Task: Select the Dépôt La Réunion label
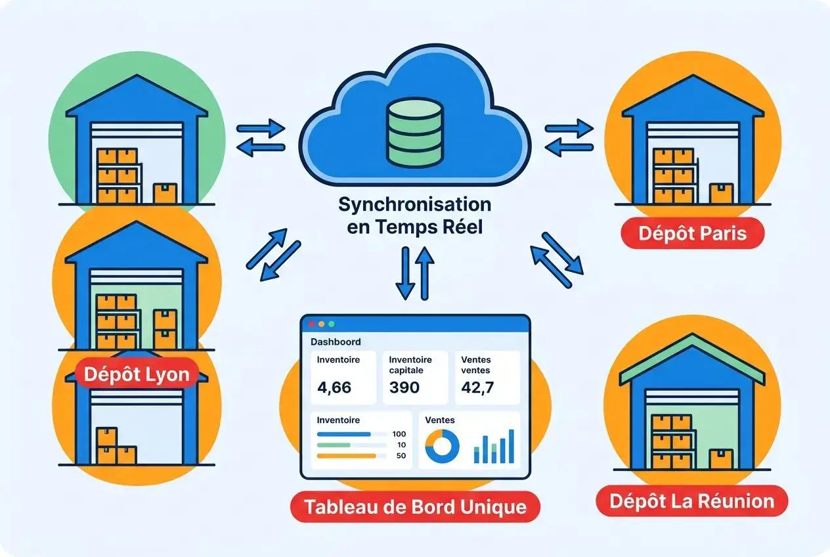click(x=691, y=502)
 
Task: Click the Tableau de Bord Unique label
click(x=414, y=506)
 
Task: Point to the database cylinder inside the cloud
click(x=414, y=131)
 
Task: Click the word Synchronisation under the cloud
click(x=414, y=204)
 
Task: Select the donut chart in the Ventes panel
click(x=443, y=447)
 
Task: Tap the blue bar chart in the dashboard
click(x=493, y=447)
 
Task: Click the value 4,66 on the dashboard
click(x=334, y=388)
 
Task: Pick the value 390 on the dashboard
click(x=404, y=388)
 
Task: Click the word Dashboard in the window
click(x=335, y=342)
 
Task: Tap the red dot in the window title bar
click(x=311, y=324)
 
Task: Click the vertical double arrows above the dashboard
click(x=414, y=273)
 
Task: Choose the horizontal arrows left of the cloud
click(x=260, y=138)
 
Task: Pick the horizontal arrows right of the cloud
click(x=569, y=138)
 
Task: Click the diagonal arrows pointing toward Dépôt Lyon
click(x=273, y=254)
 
